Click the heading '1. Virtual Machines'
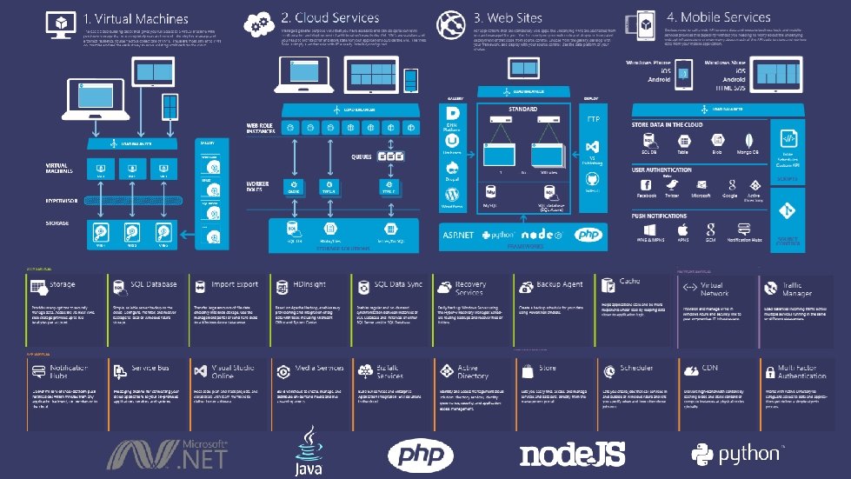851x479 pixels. [x=136, y=18]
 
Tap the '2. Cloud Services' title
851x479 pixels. [x=329, y=17]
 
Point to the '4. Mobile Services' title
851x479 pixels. [x=719, y=17]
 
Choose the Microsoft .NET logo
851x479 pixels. [x=170, y=453]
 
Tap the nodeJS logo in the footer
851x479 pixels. [x=572, y=454]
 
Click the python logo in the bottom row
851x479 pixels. [x=735, y=453]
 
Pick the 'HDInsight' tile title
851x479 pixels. [x=310, y=284]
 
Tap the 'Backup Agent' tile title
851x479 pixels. [x=560, y=284]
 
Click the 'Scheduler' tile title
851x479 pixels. [x=636, y=369]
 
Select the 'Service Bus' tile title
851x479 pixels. [x=150, y=369]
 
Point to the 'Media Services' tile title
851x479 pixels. [x=319, y=369]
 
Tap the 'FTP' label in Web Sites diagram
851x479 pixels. [x=593, y=118]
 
